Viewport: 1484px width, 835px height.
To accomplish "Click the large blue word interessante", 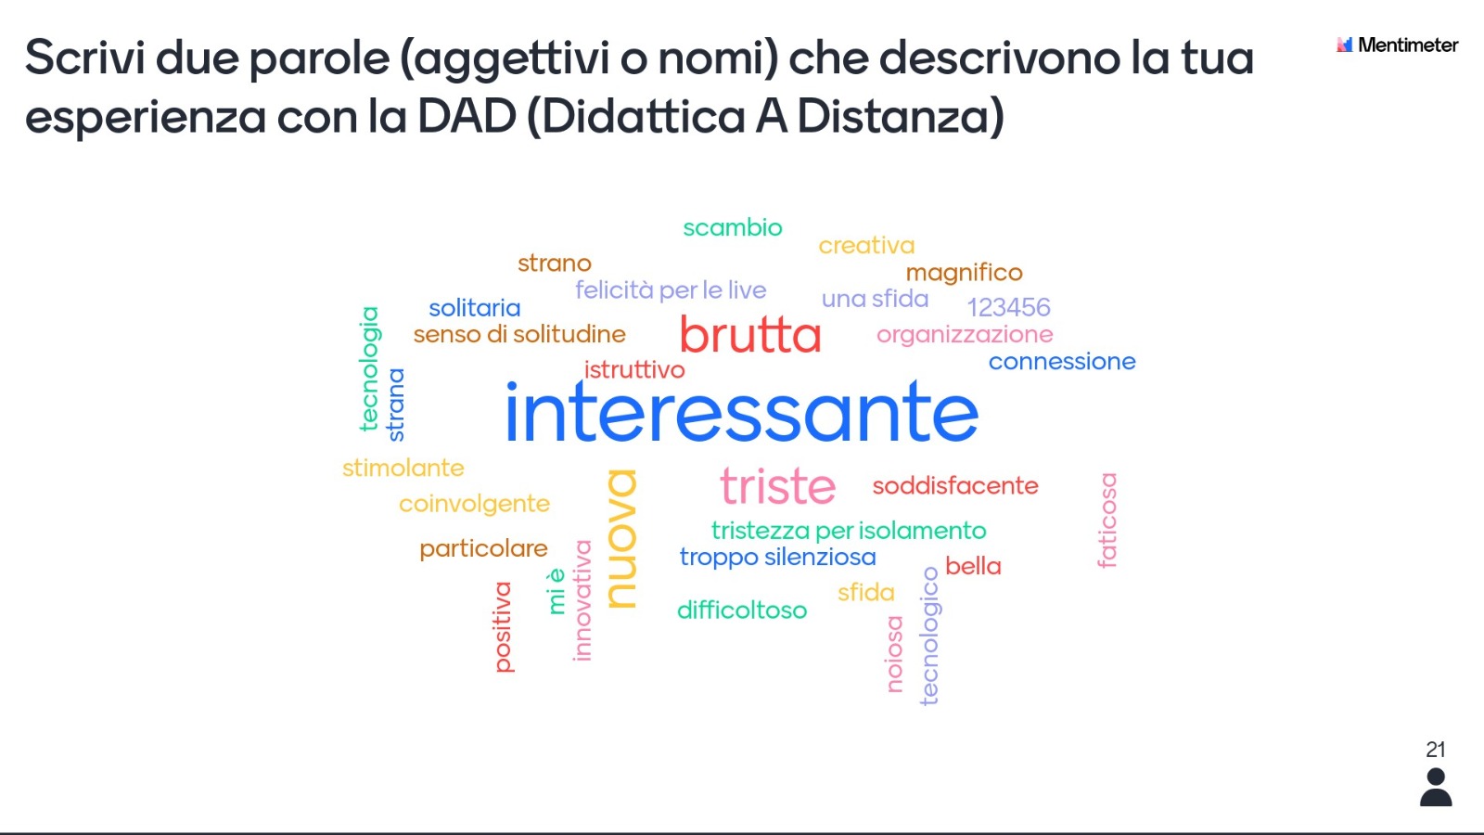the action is tap(742, 412).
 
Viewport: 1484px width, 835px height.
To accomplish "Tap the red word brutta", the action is tap(750, 334).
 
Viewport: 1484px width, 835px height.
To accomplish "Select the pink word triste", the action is tap(778, 486).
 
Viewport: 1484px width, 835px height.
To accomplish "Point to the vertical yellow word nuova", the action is tap(622, 539).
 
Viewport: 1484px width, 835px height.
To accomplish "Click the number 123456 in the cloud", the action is tap(1008, 307).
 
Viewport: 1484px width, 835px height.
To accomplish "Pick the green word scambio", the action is tap(733, 228).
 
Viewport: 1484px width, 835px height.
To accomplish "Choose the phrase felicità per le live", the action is tap(671, 290).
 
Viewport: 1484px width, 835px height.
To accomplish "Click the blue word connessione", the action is tap(1062, 362).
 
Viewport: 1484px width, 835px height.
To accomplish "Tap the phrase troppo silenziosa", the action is tap(778, 558).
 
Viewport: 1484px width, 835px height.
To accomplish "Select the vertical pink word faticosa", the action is tap(1107, 520).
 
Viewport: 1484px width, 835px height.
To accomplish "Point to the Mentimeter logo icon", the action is tap(1344, 45).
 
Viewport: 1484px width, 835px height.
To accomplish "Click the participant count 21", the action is tap(1436, 750).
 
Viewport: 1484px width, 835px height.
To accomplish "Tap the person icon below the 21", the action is tap(1436, 788).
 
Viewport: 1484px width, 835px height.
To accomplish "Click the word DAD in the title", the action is tap(467, 116).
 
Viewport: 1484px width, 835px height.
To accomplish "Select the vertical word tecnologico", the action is tap(929, 636).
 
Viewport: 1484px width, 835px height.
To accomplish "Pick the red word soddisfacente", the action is tap(955, 486).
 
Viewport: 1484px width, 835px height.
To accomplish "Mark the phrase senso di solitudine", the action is tap(519, 335).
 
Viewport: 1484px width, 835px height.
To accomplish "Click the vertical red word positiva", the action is tap(504, 627).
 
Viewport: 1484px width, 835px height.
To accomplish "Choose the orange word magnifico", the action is tap(964, 273).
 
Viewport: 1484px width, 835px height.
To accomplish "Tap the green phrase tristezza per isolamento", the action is tap(849, 531).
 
